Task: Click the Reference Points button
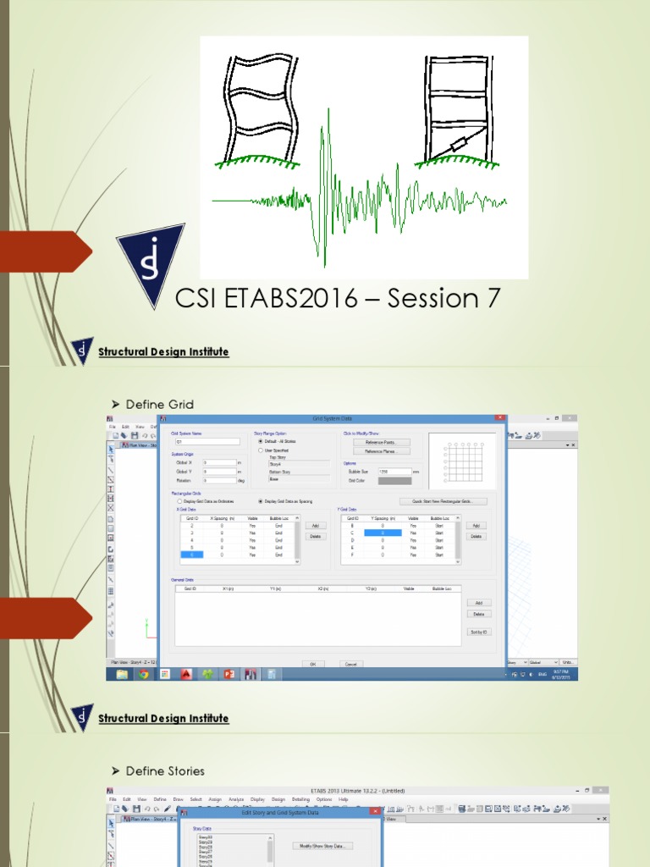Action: [x=387, y=442]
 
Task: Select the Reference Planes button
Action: [x=387, y=451]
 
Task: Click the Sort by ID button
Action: [x=478, y=632]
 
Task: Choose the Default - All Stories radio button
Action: [x=260, y=442]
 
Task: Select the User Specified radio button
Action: [x=260, y=450]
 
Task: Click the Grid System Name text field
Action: [x=207, y=442]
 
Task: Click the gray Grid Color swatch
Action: [x=394, y=480]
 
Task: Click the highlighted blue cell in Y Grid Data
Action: [x=383, y=533]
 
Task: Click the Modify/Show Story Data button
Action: [x=322, y=845]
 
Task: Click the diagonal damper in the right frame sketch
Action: [x=455, y=146]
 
